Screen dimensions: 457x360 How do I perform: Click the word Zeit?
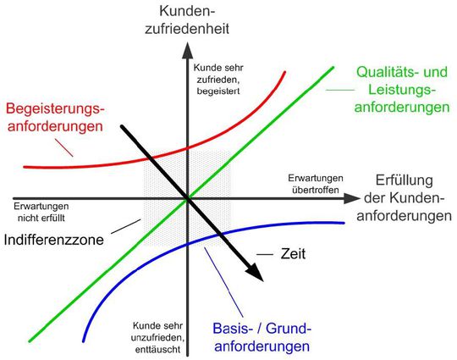(293, 254)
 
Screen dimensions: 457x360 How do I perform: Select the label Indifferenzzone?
(54, 240)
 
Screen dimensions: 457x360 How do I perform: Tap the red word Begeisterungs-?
(55, 109)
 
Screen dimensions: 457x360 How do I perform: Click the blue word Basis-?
(233, 329)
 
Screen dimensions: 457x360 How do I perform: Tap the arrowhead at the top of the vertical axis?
(188, 50)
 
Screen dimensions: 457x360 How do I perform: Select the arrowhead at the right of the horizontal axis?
(352, 198)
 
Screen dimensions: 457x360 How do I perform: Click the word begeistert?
(218, 91)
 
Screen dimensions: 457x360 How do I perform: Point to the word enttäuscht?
(157, 349)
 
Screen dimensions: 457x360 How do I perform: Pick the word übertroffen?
(316, 190)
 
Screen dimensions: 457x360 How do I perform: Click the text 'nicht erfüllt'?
(41, 218)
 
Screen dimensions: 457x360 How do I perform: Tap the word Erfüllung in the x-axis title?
(404, 180)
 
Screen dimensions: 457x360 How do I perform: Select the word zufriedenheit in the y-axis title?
(187, 29)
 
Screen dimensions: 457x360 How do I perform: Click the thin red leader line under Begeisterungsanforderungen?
(63, 147)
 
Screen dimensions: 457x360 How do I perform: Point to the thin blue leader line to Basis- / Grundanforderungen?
(223, 282)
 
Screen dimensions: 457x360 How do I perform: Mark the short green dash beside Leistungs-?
(340, 90)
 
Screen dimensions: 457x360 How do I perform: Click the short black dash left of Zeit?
(265, 254)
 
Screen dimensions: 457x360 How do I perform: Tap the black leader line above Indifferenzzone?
(126, 226)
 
